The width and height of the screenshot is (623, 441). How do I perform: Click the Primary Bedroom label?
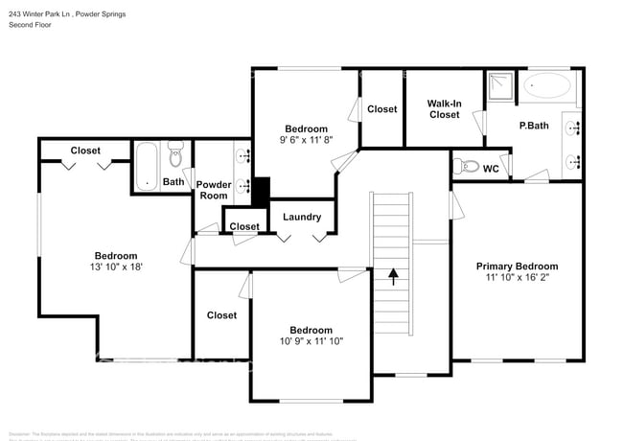coord(517,266)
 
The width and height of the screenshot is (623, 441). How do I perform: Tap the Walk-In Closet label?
coord(444,108)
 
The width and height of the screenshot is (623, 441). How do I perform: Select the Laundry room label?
coord(302,217)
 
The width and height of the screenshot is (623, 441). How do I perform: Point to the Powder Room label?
coord(212,190)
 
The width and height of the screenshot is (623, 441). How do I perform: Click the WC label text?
coord(491,169)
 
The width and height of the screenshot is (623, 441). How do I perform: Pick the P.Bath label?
coord(533,126)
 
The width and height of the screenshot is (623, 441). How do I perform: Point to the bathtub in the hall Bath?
coord(146,165)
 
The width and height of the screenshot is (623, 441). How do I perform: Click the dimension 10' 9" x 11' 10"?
coord(311,341)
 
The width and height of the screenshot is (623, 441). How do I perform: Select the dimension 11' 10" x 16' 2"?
coord(517,278)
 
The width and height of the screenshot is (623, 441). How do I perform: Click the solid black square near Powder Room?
coord(260,190)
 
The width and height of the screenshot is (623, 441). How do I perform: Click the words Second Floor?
coord(33,25)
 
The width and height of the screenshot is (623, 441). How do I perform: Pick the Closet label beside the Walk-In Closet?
coord(381,109)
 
